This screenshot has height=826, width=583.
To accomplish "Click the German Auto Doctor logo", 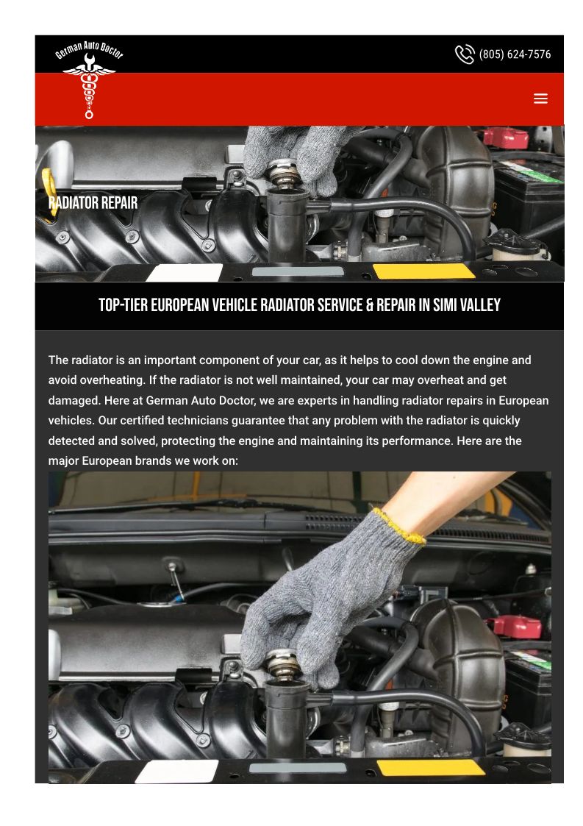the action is [x=89, y=79].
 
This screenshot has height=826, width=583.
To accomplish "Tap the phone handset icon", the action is [x=465, y=54].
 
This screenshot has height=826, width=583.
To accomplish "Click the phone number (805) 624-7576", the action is [x=515, y=54].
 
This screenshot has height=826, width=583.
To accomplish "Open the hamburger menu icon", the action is [x=540, y=99].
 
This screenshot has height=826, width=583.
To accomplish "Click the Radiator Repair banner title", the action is [x=93, y=203].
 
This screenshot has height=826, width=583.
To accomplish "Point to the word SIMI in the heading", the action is [x=445, y=305].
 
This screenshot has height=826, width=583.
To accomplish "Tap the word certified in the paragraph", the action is [x=142, y=421].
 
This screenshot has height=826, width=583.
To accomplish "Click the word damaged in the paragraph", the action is [x=74, y=401].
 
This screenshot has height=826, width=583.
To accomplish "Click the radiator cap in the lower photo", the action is [x=283, y=665].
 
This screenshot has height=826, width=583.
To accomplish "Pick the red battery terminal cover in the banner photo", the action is [x=506, y=138].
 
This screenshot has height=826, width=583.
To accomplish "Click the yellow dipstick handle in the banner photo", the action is [x=50, y=195].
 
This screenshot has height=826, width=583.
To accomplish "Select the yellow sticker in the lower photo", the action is [x=431, y=768].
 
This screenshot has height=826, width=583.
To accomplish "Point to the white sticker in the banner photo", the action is [x=185, y=272].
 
